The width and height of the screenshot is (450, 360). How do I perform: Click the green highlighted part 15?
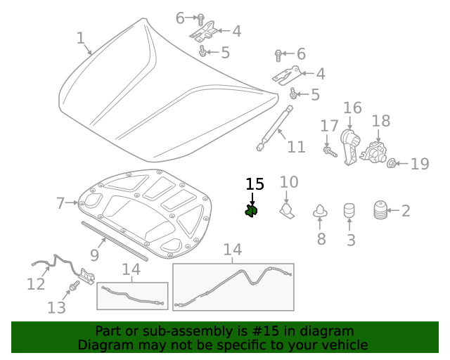tap(251, 210)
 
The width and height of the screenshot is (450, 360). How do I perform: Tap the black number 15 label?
tap(255, 184)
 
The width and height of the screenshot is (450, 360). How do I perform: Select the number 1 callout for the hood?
tap(80, 38)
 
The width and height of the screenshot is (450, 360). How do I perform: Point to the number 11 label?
tap(296, 147)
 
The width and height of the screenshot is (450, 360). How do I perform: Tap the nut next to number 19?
tap(392, 164)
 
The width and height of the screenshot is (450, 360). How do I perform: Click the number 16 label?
tap(352, 108)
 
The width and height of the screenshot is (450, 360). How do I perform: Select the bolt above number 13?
tap(72, 287)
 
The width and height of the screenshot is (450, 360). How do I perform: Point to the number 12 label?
tap(35, 284)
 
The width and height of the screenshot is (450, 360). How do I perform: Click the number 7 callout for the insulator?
tap(61, 203)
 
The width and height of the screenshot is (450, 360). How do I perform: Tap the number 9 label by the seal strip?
tap(94, 255)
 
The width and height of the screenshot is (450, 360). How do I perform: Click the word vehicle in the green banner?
tap(345, 345)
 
